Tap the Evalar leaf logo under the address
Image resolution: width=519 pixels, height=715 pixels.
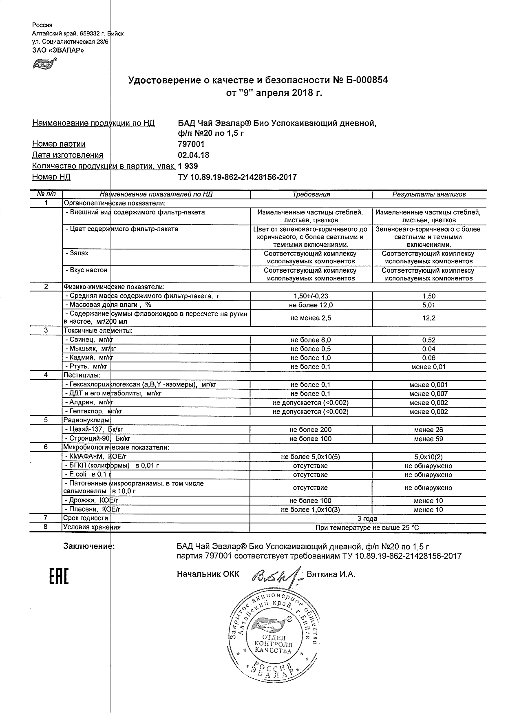coord(43,64)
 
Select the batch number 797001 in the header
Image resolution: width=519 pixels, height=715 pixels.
coord(191,144)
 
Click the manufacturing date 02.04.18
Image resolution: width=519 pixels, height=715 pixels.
coord(194,155)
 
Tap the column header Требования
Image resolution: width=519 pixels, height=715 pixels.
coord(311,194)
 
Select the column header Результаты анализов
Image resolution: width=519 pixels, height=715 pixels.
coord(429,194)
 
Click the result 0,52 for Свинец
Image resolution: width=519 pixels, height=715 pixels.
coord(429,340)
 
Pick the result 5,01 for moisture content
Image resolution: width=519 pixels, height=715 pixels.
coord(429,305)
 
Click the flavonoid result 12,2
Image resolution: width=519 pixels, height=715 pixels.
coord(429,318)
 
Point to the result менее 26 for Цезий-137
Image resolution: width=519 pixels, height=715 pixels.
coord(428,430)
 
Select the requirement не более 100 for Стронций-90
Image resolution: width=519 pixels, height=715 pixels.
coord(311,439)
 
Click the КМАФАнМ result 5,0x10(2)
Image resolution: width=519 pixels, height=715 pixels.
coord(428,457)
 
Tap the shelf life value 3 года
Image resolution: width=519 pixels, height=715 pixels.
coord(367,519)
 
